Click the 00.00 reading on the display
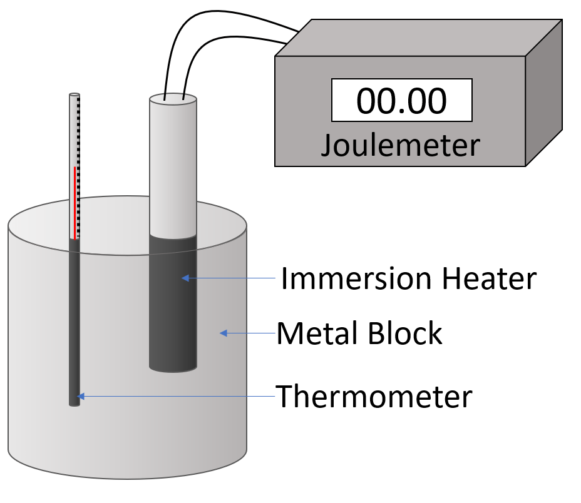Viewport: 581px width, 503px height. [x=401, y=101]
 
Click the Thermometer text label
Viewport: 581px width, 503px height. [x=374, y=396]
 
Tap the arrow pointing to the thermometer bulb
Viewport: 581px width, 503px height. [x=175, y=396]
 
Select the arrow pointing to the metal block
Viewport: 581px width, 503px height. [x=248, y=333]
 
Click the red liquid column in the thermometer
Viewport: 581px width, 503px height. [x=75, y=203]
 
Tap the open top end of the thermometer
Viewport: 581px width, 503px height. [x=75, y=95]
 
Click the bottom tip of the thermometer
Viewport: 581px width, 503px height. [x=75, y=404]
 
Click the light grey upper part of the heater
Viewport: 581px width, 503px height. [x=173, y=169]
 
